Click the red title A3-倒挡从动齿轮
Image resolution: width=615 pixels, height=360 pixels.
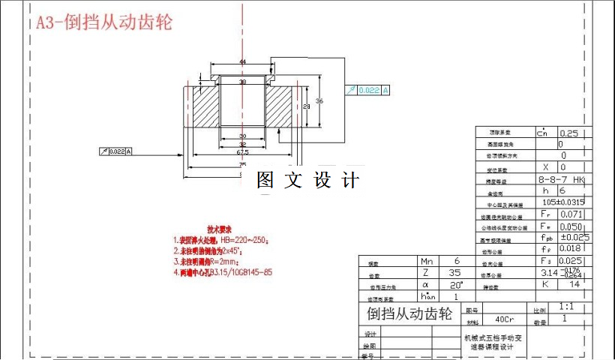pos(104,22)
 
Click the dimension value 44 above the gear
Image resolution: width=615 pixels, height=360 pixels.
pos(242,61)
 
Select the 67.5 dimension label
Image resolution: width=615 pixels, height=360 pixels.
pos(242,151)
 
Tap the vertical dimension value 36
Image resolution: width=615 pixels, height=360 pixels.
pos(319,100)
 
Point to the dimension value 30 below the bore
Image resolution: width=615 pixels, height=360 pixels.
pos(242,136)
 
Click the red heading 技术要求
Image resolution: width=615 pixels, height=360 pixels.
pos(219,229)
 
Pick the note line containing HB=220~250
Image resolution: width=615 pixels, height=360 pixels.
pos(221,241)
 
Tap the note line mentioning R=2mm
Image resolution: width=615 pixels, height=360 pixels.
pos(217,262)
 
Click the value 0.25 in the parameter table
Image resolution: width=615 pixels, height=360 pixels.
pos(569,133)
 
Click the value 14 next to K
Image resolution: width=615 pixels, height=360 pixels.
pos(576,285)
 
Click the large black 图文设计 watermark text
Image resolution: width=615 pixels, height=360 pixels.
pos(308,181)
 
